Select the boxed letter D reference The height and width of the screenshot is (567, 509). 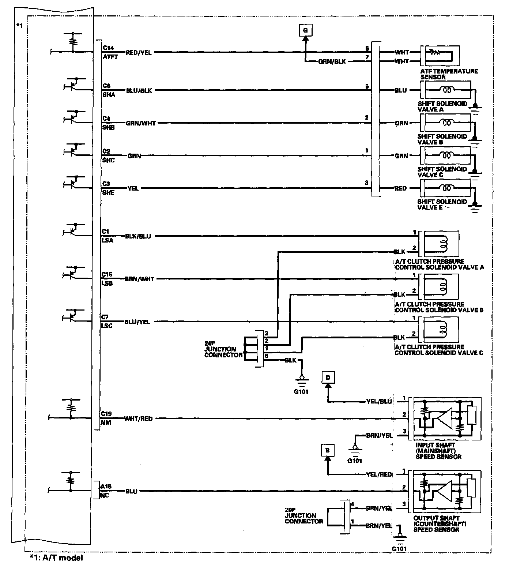tap(328, 377)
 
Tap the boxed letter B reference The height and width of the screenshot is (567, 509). tap(327, 450)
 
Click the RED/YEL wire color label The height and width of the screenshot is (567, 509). tap(139, 52)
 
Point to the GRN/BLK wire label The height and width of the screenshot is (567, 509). tap(332, 61)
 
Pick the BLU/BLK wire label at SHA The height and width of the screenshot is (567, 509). tap(139, 90)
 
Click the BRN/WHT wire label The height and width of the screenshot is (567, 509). tap(140, 279)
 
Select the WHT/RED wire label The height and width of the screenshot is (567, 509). tap(138, 418)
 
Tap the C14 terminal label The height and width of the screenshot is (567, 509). tap(108, 48)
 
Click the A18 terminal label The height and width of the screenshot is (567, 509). tap(106, 487)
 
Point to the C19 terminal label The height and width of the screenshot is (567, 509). tap(106, 414)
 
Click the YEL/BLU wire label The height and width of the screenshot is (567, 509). tap(378, 401)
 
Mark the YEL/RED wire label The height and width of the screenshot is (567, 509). tap(378, 474)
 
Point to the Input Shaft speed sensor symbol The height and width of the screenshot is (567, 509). tap(446, 418)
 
